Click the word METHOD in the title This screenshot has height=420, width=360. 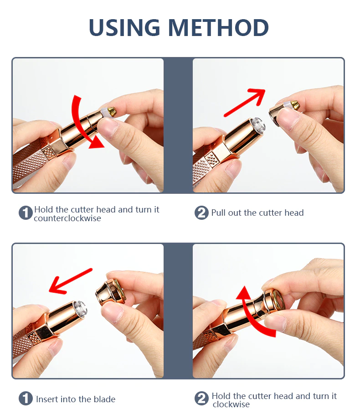pyautogui.click(x=218, y=27)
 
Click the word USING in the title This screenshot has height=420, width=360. pyautogui.click(x=124, y=27)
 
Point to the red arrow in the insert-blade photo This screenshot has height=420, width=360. pyautogui.click(x=71, y=281)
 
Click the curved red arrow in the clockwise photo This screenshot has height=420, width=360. pyautogui.click(x=252, y=312)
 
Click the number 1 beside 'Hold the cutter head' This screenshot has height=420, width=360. pyautogui.click(x=26, y=213)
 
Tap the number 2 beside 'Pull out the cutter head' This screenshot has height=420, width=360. pyautogui.click(x=201, y=213)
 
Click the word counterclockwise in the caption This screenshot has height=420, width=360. pyautogui.click(x=67, y=218)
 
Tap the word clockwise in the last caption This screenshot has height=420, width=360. pyautogui.click(x=231, y=404)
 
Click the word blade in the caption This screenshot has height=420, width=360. pyautogui.click(x=104, y=399)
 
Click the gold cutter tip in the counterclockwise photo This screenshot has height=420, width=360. pyautogui.click(x=111, y=111)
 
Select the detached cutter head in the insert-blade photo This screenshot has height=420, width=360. pyautogui.click(x=110, y=292)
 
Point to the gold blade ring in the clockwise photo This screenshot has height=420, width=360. pyautogui.click(x=278, y=301)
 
